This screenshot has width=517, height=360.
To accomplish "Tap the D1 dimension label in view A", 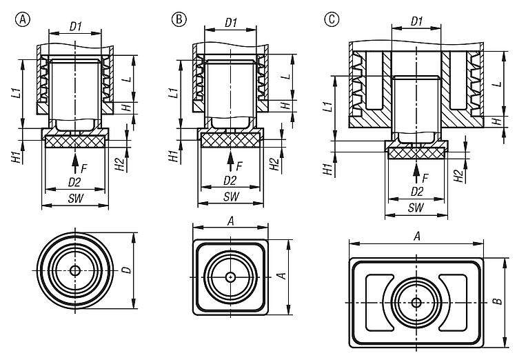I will [x=75, y=26].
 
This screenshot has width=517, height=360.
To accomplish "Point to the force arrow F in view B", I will [x=230, y=160].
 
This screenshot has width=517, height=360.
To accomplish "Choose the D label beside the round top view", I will [x=125, y=270].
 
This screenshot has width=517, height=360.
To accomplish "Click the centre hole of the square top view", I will [x=230, y=277].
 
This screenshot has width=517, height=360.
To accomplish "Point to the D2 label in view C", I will [x=417, y=190].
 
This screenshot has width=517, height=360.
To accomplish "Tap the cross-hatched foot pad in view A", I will [x=75, y=141].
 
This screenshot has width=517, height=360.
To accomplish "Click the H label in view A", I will [x=125, y=108].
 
